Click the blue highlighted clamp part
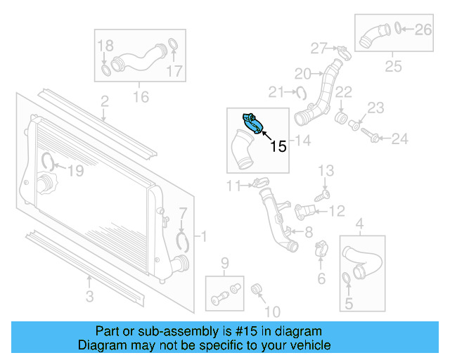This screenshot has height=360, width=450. click(x=253, y=123)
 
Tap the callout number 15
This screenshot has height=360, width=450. click(x=278, y=146)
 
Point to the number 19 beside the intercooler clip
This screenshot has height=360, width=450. click(x=75, y=169)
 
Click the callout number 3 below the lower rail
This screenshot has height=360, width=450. click(x=89, y=297)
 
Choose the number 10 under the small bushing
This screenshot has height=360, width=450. click(x=272, y=311)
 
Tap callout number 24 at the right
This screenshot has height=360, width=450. click(x=399, y=139)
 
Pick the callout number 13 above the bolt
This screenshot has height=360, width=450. click(x=326, y=170)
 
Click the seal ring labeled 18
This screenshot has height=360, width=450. click(x=105, y=70)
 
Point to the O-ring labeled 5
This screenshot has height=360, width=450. click(x=347, y=281)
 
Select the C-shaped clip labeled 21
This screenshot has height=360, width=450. click(x=300, y=91)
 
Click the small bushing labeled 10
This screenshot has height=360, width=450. click(x=257, y=288)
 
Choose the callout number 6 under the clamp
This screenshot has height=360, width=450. click(x=321, y=279)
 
